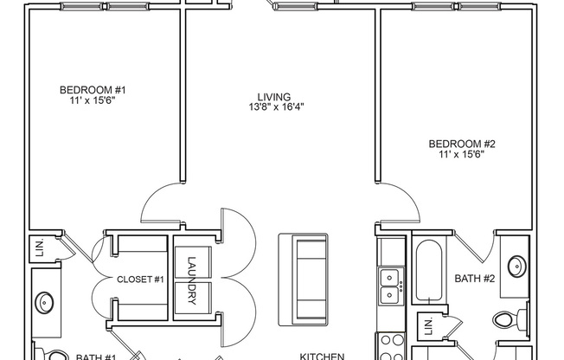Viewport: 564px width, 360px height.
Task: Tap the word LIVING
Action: [x=273, y=97]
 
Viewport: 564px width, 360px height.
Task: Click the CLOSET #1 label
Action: [x=140, y=280]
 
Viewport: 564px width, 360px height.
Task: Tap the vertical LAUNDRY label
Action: [x=191, y=282]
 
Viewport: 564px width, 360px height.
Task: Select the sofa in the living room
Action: [x=304, y=277]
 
